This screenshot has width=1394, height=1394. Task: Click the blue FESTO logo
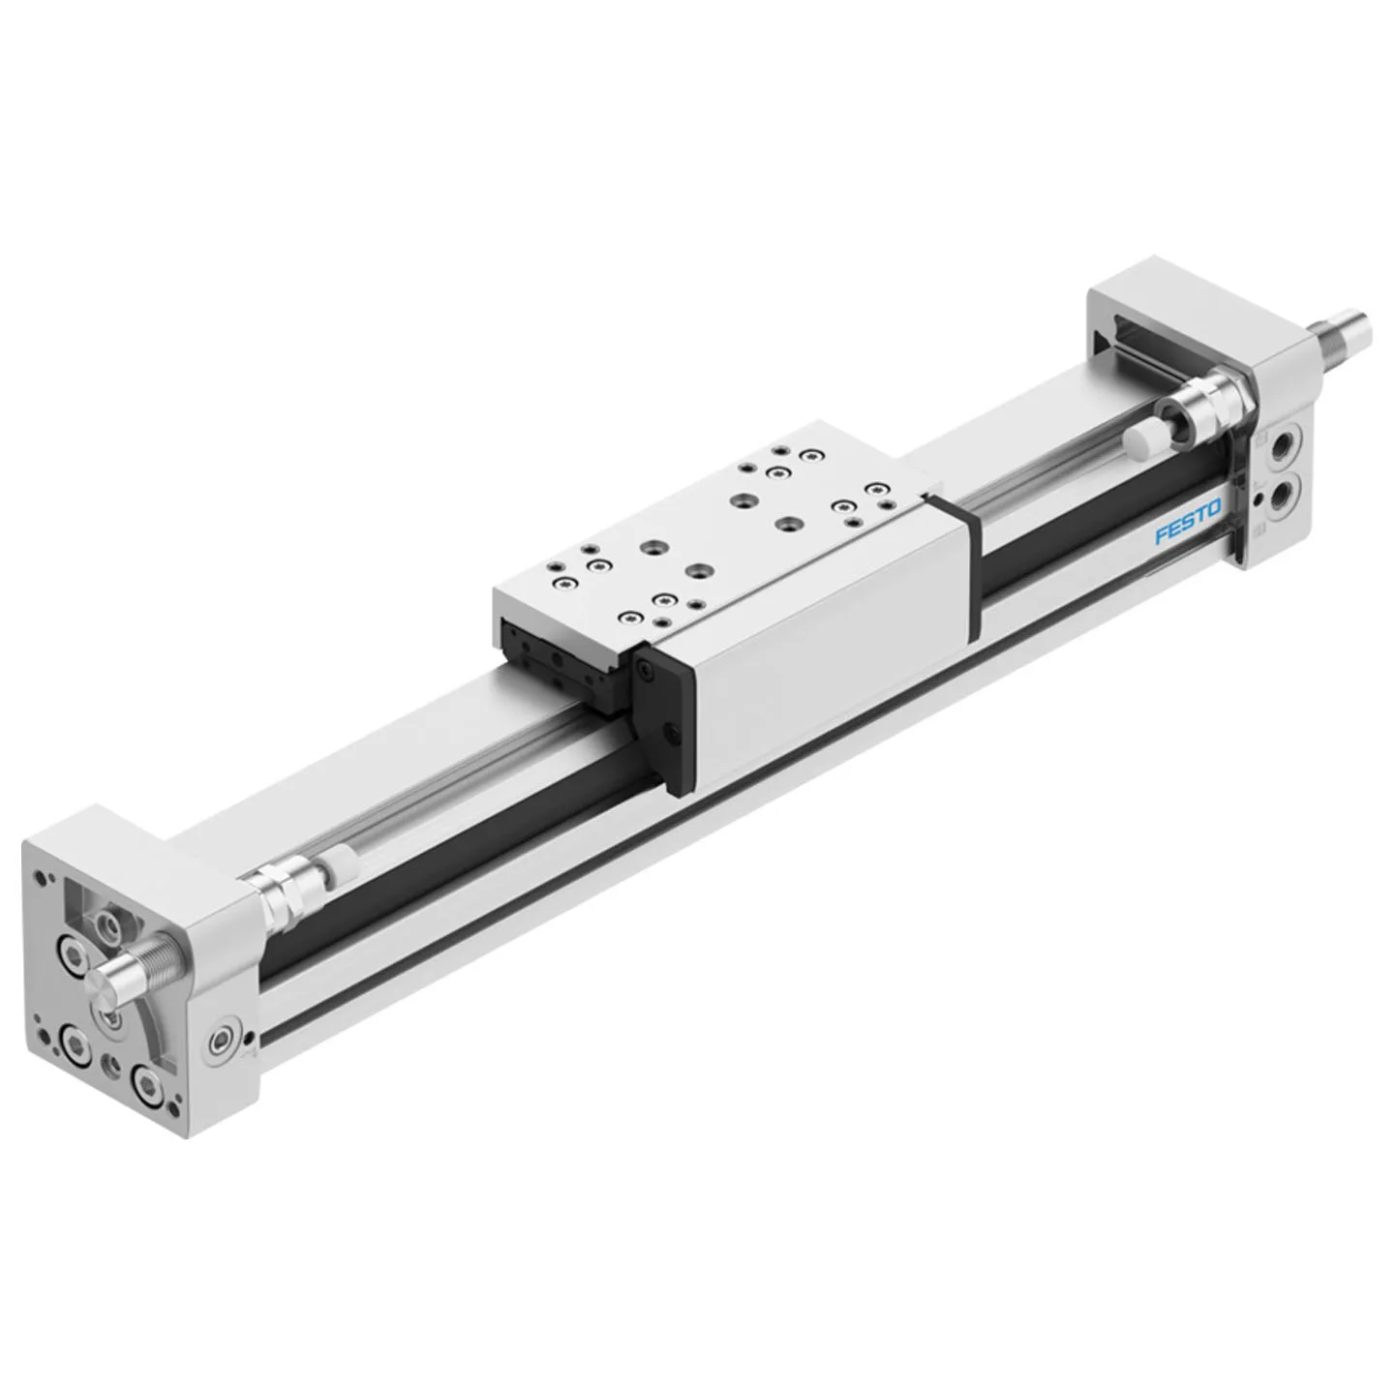1187,523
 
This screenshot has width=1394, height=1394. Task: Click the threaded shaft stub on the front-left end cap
133,969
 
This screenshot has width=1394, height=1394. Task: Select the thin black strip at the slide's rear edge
955,565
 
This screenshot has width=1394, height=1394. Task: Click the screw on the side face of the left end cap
222,1042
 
